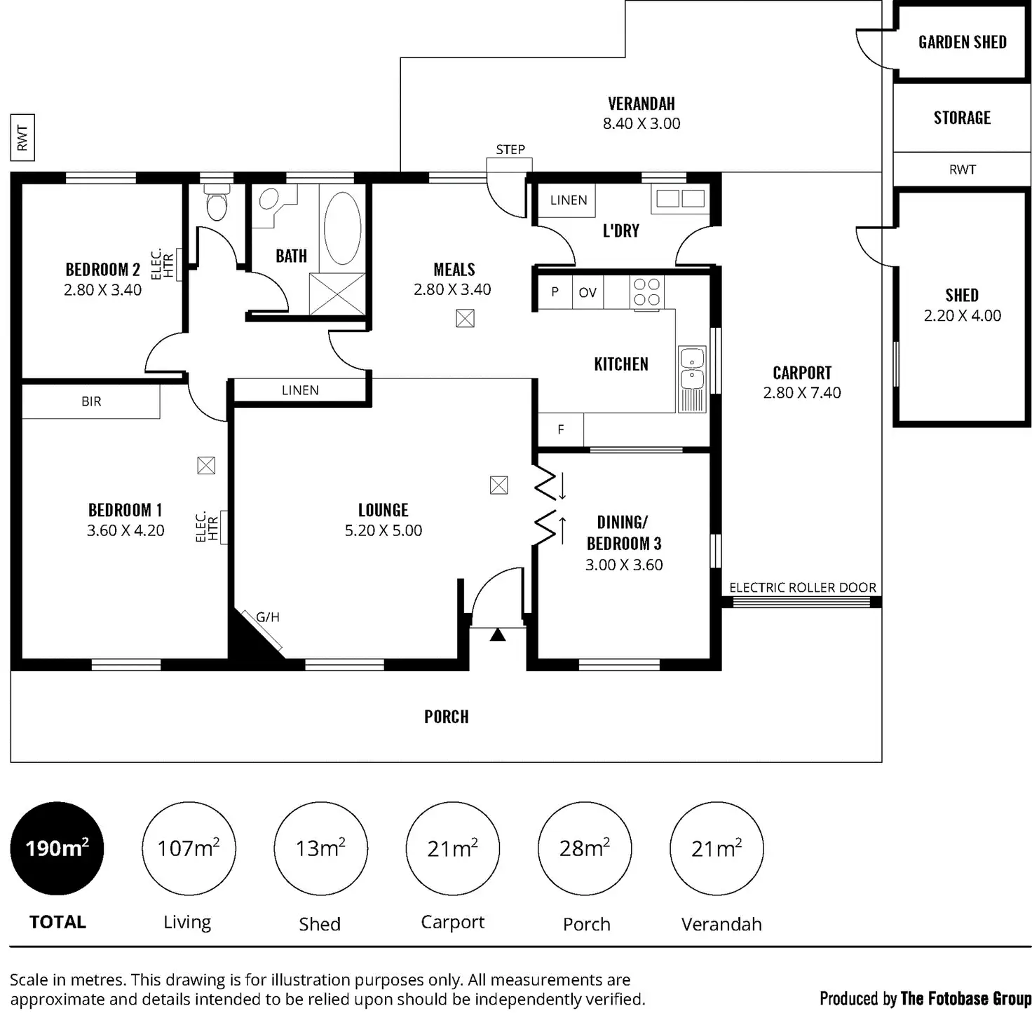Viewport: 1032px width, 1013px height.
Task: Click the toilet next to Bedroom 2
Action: pyautogui.click(x=217, y=204)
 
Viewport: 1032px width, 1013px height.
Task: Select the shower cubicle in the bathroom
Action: pyautogui.click(x=337, y=294)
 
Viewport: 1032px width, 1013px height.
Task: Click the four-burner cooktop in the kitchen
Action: pyautogui.click(x=646, y=292)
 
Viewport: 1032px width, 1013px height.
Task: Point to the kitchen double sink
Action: pyautogui.click(x=692, y=370)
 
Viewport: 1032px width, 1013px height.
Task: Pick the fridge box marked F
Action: pyautogui.click(x=560, y=429)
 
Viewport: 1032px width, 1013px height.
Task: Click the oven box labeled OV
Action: pyautogui.click(x=588, y=293)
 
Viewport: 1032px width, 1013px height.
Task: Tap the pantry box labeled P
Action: pyautogui.click(x=555, y=293)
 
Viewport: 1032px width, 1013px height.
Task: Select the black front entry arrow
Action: pyautogui.click(x=497, y=635)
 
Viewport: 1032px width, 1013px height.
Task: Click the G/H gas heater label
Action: pyautogui.click(x=268, y=617)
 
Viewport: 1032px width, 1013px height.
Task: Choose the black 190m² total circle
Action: pyautogui.click(x=57, y=848)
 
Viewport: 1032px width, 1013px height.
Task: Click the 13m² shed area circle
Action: pyautogui.click(x=320, y=848)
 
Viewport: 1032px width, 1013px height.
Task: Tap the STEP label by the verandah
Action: pyautogui.click(x=510, y=149)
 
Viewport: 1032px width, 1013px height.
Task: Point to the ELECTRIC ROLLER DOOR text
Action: pyautogui.click(x=803, y=588)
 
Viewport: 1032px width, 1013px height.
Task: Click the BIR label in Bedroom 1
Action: pyautogui.click(x=91, y=401)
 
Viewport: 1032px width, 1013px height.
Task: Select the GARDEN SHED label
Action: pyautogui.click(x=962, y=42)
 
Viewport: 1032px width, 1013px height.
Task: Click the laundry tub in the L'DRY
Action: pyautogui.click(x=678, y=199)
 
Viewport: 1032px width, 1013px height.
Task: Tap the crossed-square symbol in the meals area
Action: pyautogui.click(x=465, y=319)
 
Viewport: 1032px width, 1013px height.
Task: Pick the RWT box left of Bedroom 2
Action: pyautogui.click(x=22, y=137)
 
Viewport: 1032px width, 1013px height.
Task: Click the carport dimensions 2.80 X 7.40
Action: pyautogui.click(x=802, y=393)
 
